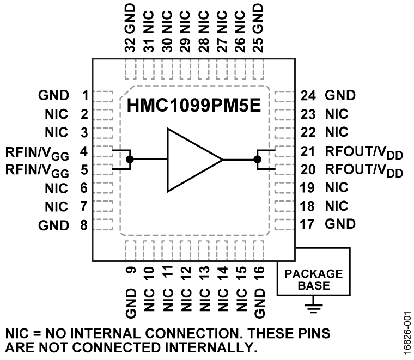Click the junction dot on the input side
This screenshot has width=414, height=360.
tap(130, 159)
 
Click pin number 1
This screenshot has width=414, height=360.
tap(84, 96)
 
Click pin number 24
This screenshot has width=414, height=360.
tap(308, 96)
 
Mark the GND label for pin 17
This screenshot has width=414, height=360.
tap(340, 223)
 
